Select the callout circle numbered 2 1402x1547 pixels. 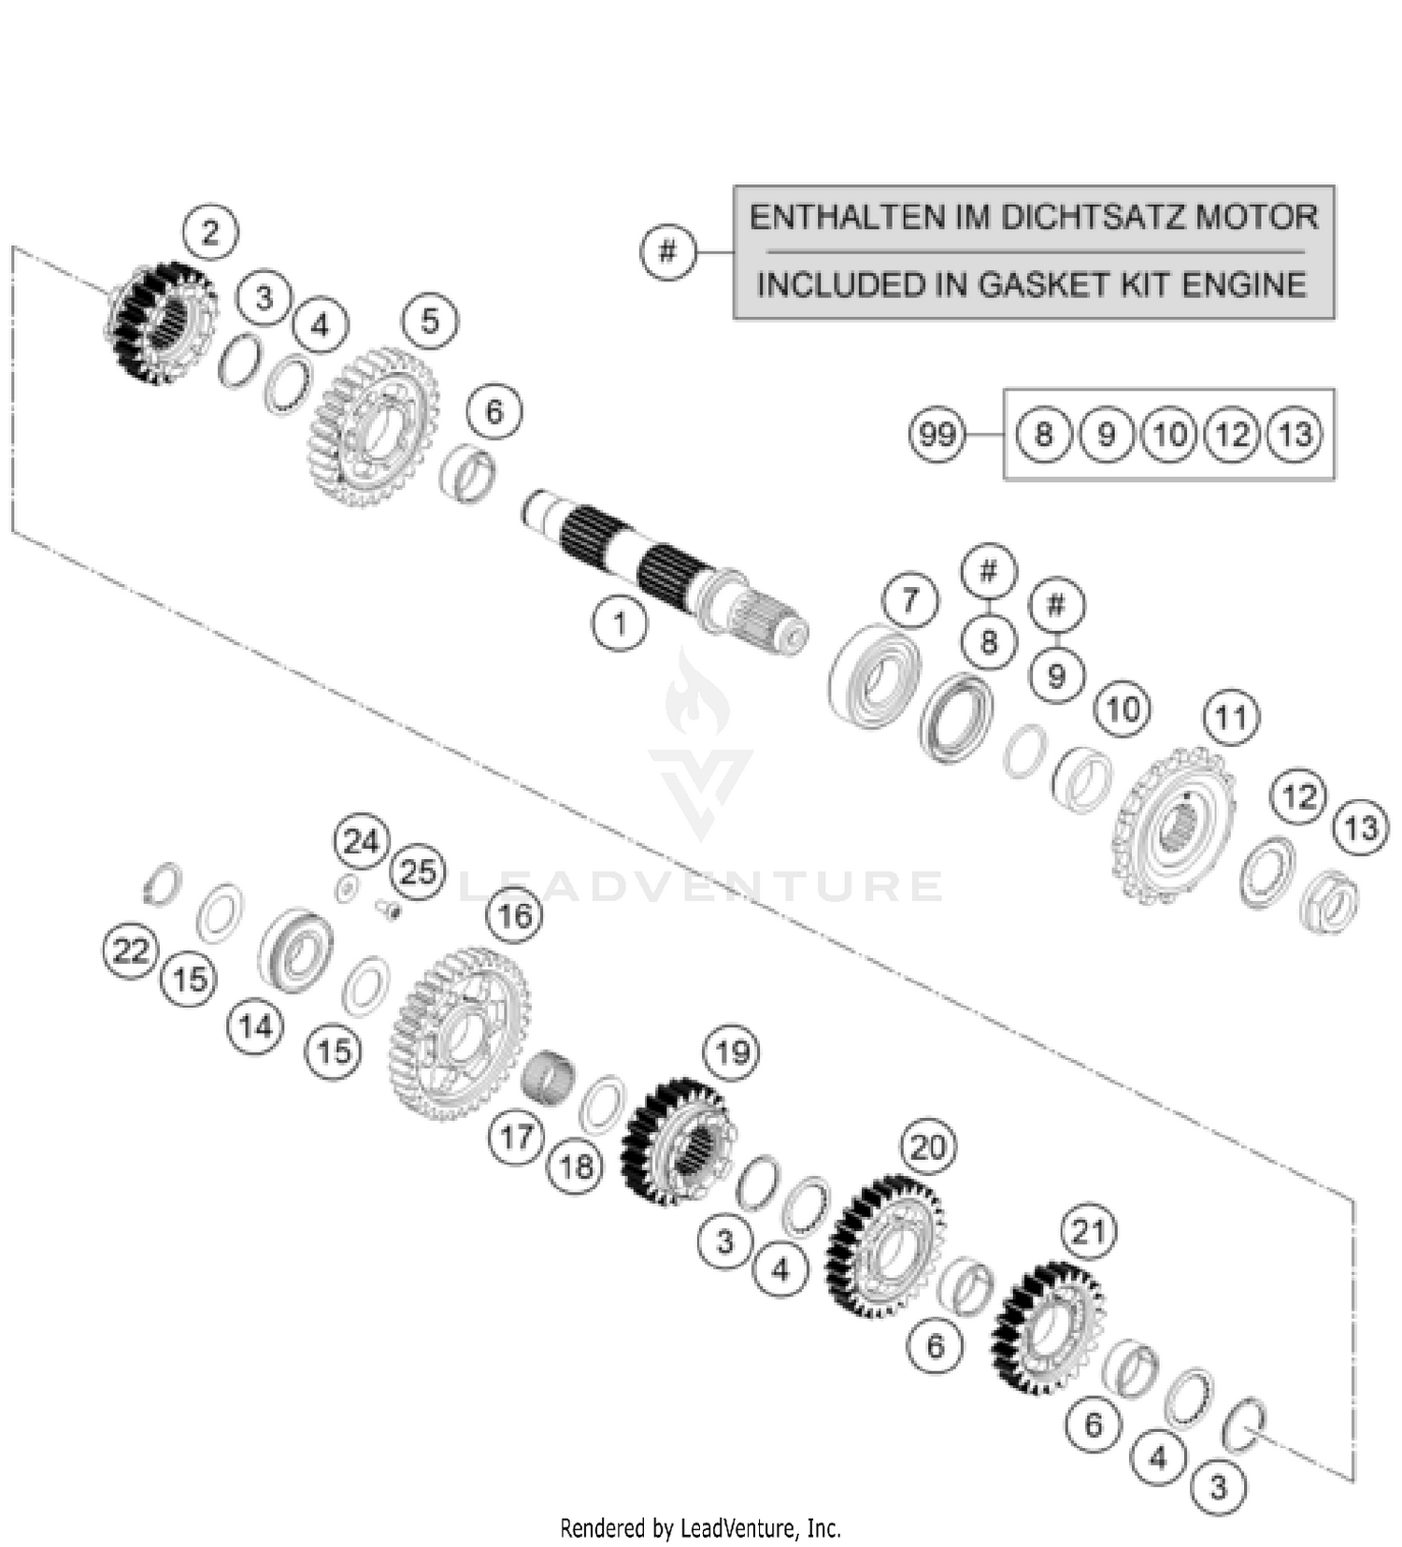[209, 232]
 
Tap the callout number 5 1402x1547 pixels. [429, 322]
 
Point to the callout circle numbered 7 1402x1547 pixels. [910, 600]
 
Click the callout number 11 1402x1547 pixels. [1231, 717]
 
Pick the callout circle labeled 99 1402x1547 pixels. [937, 435]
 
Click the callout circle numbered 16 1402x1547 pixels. [515, 915]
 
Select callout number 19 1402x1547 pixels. [732, 1053]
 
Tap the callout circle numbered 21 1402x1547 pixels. [1089, 1232]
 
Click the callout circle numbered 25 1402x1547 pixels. [418, 872]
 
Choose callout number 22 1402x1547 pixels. [130, 951]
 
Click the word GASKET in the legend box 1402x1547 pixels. [1028, 284]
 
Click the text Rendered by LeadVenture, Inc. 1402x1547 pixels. [700, 1528]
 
